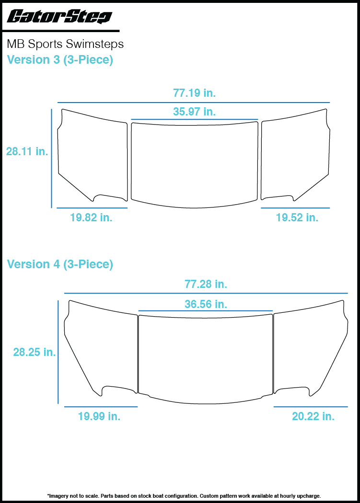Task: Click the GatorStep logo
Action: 59,16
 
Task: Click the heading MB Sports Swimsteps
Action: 65,44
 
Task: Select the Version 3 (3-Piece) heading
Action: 60,60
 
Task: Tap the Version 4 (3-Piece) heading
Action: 60,264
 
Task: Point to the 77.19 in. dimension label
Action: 194,93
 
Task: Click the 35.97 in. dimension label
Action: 194,111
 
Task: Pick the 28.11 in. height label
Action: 27,151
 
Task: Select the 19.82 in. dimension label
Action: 91,217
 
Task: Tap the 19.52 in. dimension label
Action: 297,217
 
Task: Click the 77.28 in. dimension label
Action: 206,284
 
